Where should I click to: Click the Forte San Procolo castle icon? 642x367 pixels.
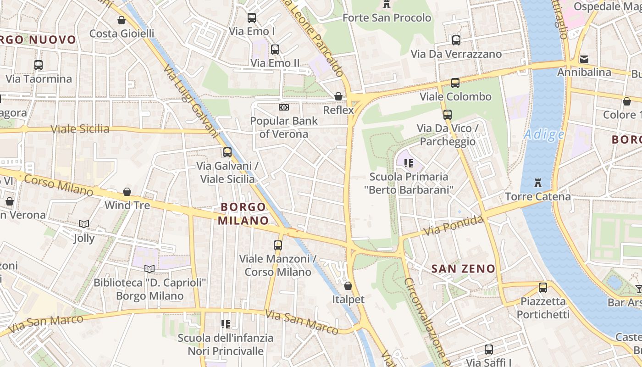387,5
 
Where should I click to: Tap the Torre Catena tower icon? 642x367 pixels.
537,183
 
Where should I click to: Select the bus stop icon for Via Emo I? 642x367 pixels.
252,18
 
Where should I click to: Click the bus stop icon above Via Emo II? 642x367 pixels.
275,50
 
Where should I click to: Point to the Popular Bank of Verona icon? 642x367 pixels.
284,107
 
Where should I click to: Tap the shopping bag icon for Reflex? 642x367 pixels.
338,96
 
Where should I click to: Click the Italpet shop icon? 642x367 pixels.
348,286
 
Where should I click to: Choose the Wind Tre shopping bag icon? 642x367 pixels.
127,192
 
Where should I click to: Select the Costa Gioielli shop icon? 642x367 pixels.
122,20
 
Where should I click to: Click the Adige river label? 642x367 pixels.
544,134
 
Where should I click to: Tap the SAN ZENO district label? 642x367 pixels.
464,269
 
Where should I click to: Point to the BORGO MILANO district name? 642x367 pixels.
243,214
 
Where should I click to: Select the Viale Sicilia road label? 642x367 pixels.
80,129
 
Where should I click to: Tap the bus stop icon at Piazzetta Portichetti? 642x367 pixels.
543,288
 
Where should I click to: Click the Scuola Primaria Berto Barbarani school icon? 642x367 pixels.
409,163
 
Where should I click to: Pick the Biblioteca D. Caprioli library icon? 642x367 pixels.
149,269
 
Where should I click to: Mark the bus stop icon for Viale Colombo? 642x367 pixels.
455,83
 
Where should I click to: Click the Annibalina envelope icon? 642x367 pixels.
584,59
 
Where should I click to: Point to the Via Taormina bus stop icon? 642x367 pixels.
39,65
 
